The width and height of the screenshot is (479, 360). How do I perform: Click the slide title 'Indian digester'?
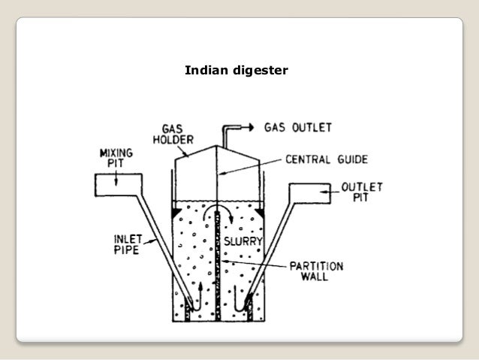tap(230, 72)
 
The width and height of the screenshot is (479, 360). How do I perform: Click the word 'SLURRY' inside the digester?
tap(243, 241)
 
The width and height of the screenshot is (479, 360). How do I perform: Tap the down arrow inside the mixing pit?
tap(117, 181)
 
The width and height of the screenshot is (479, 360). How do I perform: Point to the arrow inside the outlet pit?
tap(321, 194)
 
